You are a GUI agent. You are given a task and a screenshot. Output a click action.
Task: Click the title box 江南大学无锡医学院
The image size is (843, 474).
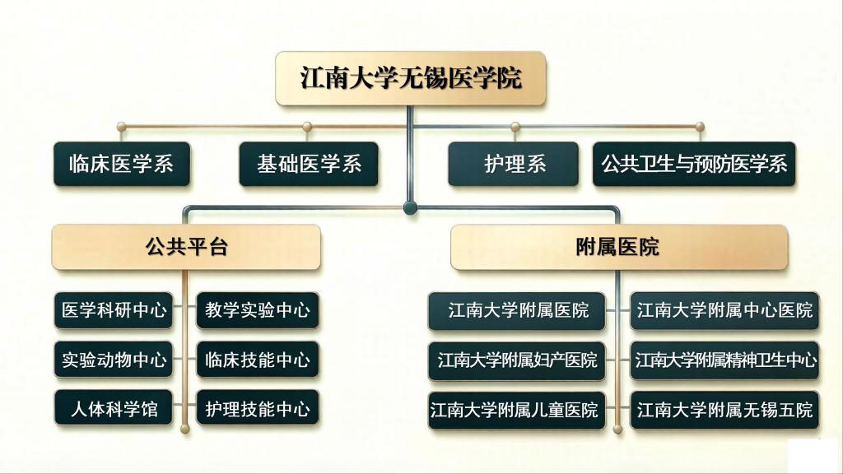coord(411,78)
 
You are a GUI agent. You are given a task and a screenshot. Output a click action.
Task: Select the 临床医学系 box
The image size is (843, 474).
coord(122,164)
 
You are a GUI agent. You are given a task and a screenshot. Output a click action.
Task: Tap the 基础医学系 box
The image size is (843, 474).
coord(309,164)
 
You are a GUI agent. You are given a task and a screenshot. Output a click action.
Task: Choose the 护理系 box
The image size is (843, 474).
coord(514,164)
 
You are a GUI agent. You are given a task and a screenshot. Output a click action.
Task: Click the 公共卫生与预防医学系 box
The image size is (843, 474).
coord(694,164)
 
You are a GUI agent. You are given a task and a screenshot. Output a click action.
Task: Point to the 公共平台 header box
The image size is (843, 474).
coord(186,247)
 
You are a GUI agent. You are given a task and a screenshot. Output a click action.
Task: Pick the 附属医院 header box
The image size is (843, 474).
coord(619,247)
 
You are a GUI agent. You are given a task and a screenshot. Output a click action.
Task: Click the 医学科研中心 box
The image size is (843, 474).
coord(114,310)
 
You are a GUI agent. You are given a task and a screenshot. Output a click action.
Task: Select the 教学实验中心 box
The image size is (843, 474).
coord(258,310)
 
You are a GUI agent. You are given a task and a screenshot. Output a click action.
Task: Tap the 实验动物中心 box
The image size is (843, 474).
coord(114,359)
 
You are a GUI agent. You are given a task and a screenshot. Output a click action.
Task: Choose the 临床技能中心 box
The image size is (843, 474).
coord(258,359)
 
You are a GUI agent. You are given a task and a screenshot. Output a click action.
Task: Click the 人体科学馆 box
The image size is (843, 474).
coord(114,408)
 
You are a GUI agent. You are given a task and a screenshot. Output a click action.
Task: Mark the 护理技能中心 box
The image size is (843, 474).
coord(258,408)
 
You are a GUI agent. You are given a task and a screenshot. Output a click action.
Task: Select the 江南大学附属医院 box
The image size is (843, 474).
coord(517,310)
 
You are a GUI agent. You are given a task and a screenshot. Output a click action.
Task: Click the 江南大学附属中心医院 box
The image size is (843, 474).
coord(724,310)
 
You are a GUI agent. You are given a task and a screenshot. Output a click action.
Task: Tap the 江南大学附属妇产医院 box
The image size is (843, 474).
coord(517,360)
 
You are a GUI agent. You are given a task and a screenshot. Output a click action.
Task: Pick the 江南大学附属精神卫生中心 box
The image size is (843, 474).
coord(724,360)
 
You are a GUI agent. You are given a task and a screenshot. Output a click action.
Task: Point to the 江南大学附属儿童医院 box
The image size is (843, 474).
coord(517,410)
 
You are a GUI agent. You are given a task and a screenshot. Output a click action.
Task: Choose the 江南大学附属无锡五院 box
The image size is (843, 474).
coord(724,410)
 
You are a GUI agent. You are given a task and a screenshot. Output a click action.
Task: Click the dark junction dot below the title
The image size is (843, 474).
coord(410,207)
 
